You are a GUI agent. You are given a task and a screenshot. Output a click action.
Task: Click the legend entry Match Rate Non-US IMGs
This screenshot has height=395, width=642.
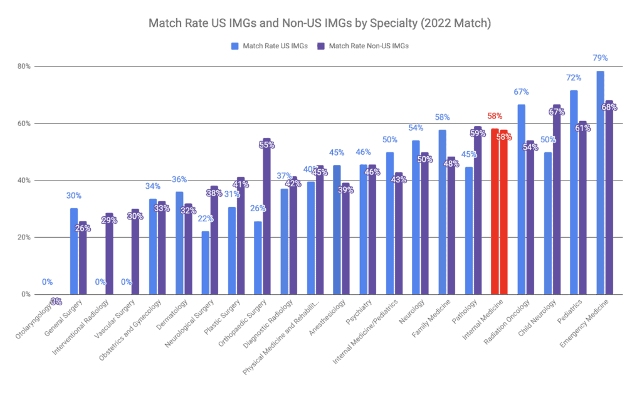[x=363, y=46]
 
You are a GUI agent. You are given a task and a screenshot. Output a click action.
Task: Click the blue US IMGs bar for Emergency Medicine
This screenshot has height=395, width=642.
[x=600, y=182]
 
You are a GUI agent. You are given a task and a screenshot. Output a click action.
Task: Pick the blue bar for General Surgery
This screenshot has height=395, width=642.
[x=74, y=251]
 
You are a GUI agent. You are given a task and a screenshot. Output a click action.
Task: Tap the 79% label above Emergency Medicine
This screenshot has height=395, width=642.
[x=600, y=58]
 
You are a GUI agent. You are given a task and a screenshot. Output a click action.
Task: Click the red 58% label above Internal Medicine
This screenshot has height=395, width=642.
[x=495, y=117]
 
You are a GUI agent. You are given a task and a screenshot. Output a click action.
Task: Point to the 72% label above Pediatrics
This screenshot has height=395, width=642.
[x=574, y=78]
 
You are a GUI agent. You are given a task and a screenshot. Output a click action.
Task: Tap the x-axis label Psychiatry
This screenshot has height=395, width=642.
[x=355, y=314]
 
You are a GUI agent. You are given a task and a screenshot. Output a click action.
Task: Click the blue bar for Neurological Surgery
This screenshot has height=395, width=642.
[x=205, y=263]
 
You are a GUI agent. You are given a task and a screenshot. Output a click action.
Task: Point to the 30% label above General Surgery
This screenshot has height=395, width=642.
[x=74, y=196]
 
